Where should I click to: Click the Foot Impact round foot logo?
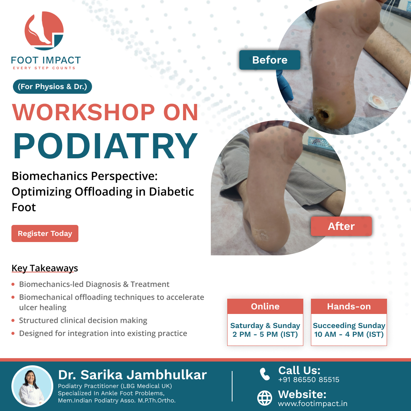click(x=44, y=31)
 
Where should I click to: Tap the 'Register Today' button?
click(x=45, y=233)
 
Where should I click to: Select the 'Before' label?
click(x=270, y=60)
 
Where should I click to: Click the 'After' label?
click(x=341, y=226)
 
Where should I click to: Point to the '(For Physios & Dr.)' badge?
click(x=53, y=86)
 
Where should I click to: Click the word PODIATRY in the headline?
click(x=105, y=146)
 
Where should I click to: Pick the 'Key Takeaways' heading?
click(x=45, y=268)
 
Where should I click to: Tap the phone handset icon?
click(x=265, y=374)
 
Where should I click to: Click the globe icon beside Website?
click(x=265, y=398)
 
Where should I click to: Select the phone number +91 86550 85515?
click(x=309, y=379)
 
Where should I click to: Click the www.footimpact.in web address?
click(x=313, y=404)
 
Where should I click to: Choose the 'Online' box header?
click(x=265, y=306)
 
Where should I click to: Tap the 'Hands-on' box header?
click(x=349, y=306)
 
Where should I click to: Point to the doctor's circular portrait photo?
click(x=32, y=386)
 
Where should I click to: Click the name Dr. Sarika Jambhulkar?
click(x=132, y=375)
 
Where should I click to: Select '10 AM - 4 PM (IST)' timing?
click(x=349, y=335)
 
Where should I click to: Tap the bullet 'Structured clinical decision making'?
click(x=83, y=320)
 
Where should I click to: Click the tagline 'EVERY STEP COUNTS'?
click(x=44, y=68)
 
